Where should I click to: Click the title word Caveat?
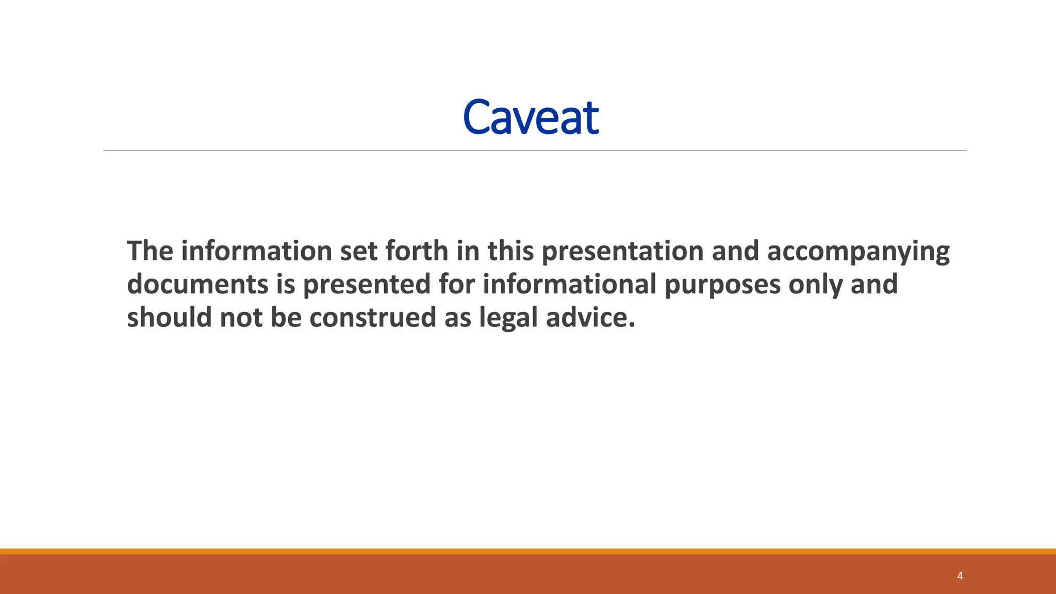(531, 118)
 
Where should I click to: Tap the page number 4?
(960, 576)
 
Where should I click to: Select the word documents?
(197, 285)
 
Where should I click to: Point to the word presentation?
(622, 252)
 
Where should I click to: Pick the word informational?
(569, 285)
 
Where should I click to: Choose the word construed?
(372, 318)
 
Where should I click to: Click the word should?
(169, 318)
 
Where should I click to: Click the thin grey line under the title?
(534, 151)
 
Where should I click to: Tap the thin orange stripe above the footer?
(528, 551)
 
